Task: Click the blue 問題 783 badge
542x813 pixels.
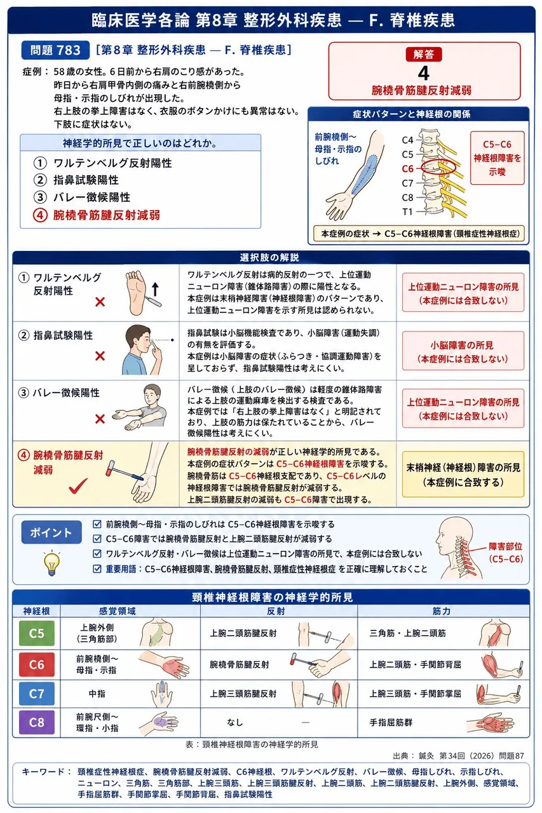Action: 55,50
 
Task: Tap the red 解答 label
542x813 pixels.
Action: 424,55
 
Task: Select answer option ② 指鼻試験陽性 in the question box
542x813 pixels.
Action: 76,180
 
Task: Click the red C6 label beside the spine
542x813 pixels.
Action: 408,169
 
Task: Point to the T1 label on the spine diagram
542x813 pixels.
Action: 407,212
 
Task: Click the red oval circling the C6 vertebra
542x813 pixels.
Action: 438,166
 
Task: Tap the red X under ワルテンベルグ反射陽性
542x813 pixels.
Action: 100,302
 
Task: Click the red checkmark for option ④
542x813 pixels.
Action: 78,486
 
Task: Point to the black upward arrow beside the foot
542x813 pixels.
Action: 156,289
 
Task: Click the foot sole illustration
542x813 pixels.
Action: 136,293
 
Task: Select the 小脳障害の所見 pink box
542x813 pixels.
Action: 463,351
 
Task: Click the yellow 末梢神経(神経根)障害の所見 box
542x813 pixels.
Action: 463,474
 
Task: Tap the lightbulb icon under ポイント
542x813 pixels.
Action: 51,563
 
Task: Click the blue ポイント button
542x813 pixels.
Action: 51,532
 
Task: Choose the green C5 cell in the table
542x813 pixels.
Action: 36,633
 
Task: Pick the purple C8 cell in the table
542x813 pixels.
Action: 36,722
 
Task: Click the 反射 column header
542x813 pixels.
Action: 276,611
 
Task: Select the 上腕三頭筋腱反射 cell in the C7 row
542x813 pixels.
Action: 243,694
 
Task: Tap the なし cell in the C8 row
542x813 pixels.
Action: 235,722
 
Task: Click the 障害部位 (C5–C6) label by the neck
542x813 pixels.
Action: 505,553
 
